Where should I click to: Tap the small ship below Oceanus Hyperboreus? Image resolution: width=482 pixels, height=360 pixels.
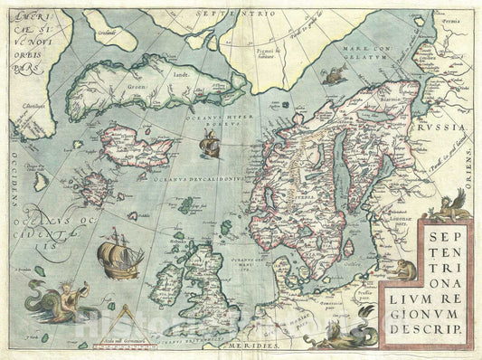tap(209, 145)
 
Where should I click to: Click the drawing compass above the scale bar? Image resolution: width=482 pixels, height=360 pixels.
tap(130, 316)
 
